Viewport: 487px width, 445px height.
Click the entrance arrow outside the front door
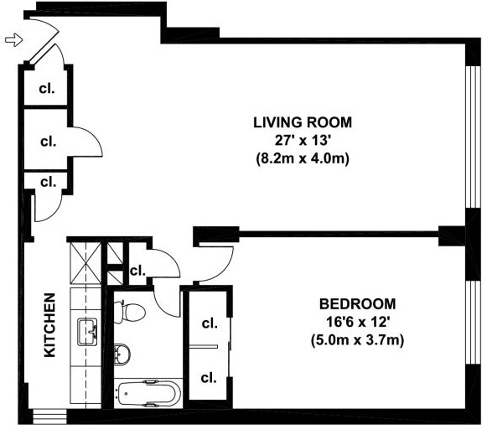coord(14,40)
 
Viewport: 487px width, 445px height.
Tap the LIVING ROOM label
coord(303,122)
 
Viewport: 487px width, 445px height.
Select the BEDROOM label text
coord(357,303)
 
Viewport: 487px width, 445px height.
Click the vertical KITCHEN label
coord(50,325)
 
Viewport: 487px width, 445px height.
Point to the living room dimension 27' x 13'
coord(302,141)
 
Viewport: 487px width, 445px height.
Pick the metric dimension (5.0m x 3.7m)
coord(357,340)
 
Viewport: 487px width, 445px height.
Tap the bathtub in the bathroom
coord(149,393)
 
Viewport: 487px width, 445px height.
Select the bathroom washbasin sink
coord(122,354)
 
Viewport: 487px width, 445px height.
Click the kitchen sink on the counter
coord(87,332)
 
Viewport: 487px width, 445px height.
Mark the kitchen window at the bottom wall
coord(49,417)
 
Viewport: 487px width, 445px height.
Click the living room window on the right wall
coord(474,137)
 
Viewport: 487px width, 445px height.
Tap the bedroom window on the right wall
coord(474,323)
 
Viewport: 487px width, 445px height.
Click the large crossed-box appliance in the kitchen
coord(85,263)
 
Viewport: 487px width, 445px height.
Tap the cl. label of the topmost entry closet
coord(47,89)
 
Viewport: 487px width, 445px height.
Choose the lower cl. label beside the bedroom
coord(209,378)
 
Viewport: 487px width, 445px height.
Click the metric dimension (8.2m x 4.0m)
coord(303,158)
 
